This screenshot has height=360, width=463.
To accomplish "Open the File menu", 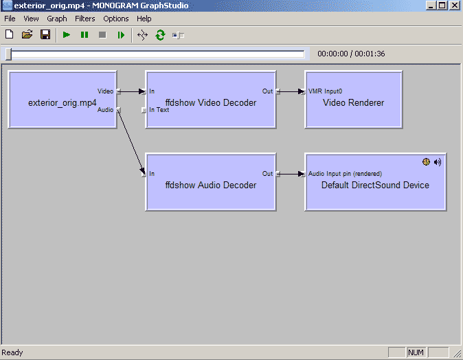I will point(10,19).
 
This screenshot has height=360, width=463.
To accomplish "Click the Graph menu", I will point(57,19).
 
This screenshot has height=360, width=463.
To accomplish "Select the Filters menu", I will point(85,19).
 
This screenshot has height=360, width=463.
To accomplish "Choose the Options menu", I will point(116,19).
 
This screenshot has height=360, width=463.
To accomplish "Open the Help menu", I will point(144,19).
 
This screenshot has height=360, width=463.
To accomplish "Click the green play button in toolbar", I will point(67,34).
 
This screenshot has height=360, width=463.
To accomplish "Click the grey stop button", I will point(102,34).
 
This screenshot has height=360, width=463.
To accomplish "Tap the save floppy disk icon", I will point(45,34).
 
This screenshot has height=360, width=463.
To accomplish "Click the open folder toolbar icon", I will point(27,34).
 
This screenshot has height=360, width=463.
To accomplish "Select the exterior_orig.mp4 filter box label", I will point(62,103).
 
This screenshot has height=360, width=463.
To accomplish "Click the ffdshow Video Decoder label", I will point(211,103).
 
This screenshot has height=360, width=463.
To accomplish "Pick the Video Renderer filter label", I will point(353,103).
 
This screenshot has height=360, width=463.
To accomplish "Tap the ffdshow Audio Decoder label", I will point(211,185).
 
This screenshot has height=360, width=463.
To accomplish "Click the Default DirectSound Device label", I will point(375,185).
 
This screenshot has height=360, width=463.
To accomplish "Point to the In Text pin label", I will point(159,110).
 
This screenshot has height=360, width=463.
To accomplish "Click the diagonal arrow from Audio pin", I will point(131,141).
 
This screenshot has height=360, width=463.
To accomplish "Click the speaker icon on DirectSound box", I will point(438,162).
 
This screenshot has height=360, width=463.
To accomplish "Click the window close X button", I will point(454,5).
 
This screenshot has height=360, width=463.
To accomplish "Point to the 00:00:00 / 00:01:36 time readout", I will point(351,54).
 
